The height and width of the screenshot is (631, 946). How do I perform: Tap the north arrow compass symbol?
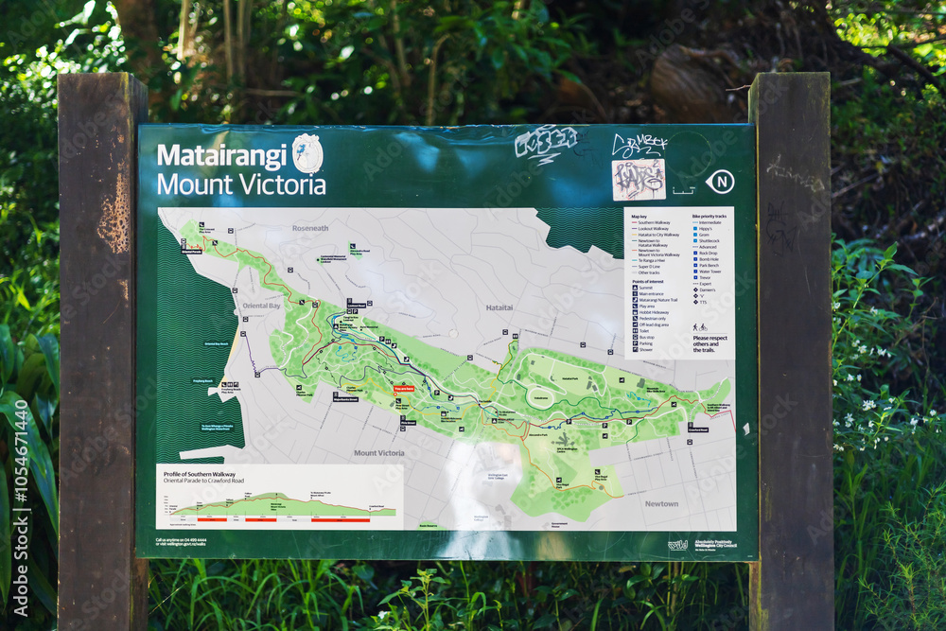coord(721,182)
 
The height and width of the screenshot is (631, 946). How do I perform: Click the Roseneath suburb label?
coord(310,228)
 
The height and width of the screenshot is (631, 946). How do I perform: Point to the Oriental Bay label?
coord(261,306)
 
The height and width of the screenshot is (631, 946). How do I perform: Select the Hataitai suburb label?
coord(499,307)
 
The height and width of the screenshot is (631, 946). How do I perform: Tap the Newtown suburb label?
coord(661,503)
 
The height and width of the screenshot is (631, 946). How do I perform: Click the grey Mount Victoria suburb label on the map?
coord(378,453)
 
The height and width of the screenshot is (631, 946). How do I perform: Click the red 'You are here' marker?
coord(404,389)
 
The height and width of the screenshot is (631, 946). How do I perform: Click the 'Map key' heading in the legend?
coord(639,216)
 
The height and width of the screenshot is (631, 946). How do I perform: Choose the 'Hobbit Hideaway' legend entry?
coord(654,312)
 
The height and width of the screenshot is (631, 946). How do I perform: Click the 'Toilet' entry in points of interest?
coord(645,330)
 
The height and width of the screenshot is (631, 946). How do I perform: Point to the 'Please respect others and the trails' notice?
coord(709,343)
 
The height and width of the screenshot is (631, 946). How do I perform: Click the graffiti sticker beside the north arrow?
coord(638,179)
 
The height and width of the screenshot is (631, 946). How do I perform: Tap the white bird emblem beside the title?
coord(307,153)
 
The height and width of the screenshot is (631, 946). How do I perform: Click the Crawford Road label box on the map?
coord(698,429)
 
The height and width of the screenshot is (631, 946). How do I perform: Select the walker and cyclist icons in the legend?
coord(699,327)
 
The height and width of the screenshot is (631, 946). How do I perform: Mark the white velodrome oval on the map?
coord(541,398)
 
